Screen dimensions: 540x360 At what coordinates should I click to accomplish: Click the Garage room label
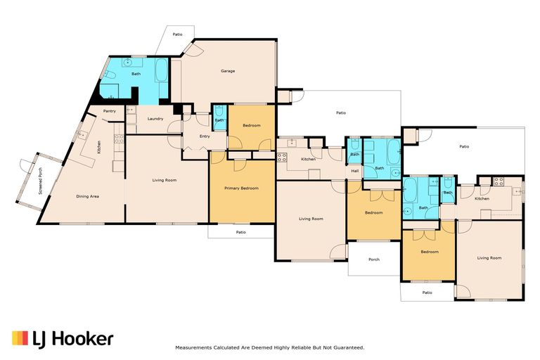[x=228, y=71]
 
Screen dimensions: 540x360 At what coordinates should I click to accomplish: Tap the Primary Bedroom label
[x=241, y=188]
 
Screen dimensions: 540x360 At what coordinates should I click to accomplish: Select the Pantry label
[x=110, y=111]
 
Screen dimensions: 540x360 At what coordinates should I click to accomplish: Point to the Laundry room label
[x=155, y=119]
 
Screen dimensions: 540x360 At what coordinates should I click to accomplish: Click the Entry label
[x=205, y=136]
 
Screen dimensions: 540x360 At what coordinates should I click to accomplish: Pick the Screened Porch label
[x=41, y=181]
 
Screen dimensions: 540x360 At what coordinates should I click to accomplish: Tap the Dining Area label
[x=87, y=196]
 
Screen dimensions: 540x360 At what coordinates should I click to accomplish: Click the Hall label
[x=354, y=171]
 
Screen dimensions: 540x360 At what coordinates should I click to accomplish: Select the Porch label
[x=374, y=259]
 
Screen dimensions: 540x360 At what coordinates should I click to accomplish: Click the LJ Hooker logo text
[x=72, y=339]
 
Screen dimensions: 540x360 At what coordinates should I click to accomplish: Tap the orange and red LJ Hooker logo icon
[x=20, y=338]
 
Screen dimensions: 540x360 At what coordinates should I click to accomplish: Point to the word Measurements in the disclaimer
[x=193, y=347]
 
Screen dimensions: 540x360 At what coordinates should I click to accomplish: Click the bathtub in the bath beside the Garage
[x=161, y=70]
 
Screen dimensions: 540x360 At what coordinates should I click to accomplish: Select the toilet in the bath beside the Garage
[x=110, y=75]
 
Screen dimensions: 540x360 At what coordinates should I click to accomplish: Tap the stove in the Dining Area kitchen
[x=119, y=139]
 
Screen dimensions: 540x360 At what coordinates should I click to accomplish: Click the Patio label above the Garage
[x=177, y=34]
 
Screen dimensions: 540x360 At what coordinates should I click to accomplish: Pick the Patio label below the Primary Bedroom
[x=241, y=232]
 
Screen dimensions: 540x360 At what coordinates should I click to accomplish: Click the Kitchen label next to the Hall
[x=308, y=159]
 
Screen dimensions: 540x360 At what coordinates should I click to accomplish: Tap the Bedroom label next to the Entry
[x=252, y=125]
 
